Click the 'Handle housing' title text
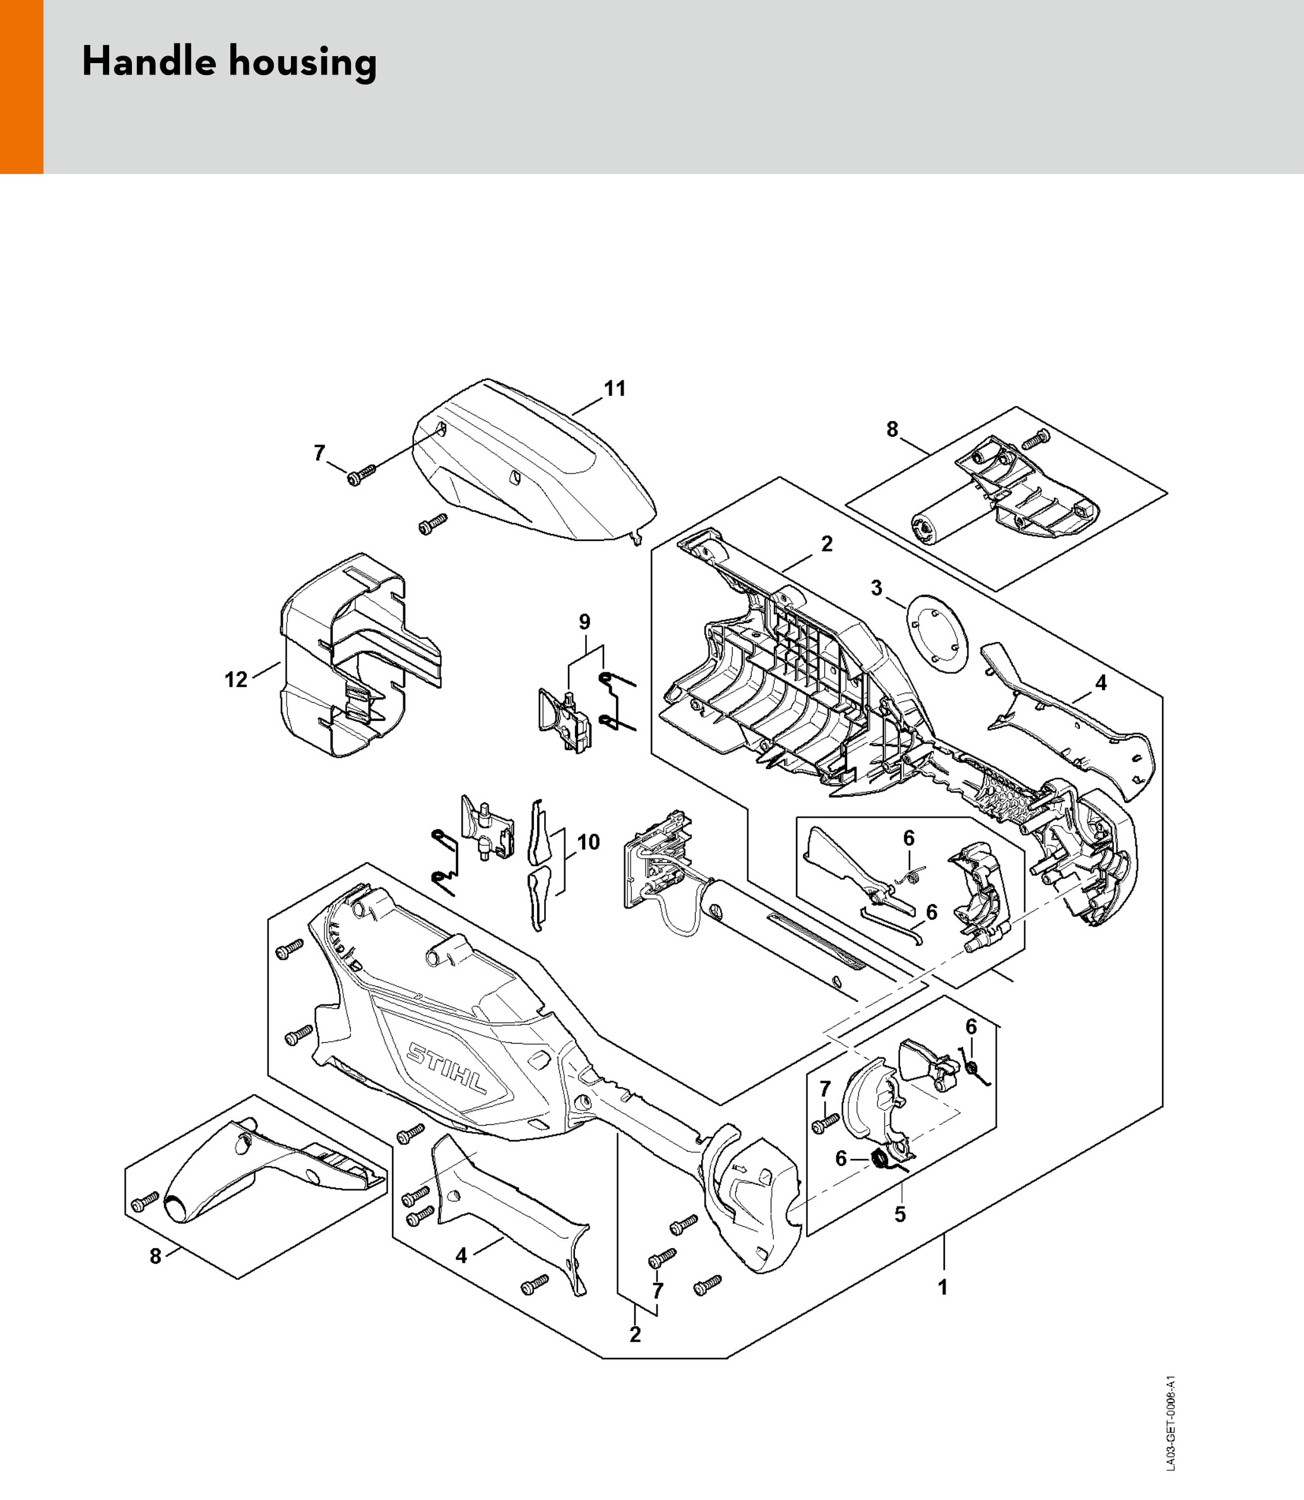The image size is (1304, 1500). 229,62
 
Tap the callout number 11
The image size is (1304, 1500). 615,389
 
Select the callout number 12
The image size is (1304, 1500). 236,680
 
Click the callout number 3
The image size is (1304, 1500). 876,587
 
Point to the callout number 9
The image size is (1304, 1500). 584,622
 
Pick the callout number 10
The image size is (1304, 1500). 588,842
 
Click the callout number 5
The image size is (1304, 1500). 900,1214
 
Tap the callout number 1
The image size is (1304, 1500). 942,1287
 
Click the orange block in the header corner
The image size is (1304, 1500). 22,86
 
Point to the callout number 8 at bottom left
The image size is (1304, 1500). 155,1256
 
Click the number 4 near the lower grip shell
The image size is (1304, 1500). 461,1256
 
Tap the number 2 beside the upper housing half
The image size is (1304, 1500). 827,544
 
